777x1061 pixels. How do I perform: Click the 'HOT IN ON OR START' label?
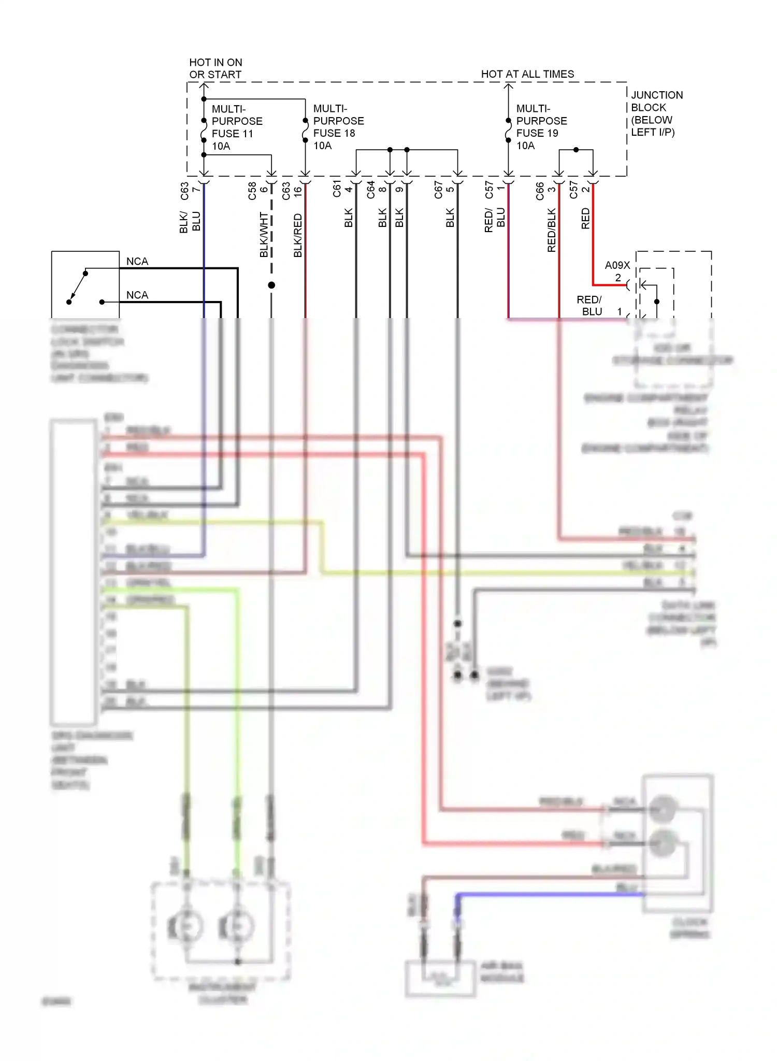(x=215, y=68)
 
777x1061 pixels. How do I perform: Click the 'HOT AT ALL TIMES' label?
(x=527, y=74)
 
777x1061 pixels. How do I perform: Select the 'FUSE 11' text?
(x=232, y=134)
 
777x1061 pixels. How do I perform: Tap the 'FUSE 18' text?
(x=334, y=133)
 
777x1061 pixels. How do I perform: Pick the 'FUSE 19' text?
(x=537, y=133)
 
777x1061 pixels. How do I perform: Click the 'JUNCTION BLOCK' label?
(x=656, y=101)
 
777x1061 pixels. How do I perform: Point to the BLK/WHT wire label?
(x=264, y=235)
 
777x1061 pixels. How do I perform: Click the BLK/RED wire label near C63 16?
(x=298, y=235)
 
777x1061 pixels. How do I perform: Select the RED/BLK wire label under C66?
(x=552, y=230)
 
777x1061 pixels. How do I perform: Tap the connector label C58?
(x=252, y=191)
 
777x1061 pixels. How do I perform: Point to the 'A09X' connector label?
(x=617, y=265)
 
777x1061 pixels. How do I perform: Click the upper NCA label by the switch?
(x=137, y=261)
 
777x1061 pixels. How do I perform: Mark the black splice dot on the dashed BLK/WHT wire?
(x=271, y=285)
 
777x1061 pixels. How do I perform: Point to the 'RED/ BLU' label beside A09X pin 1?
(x=589, y=306)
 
